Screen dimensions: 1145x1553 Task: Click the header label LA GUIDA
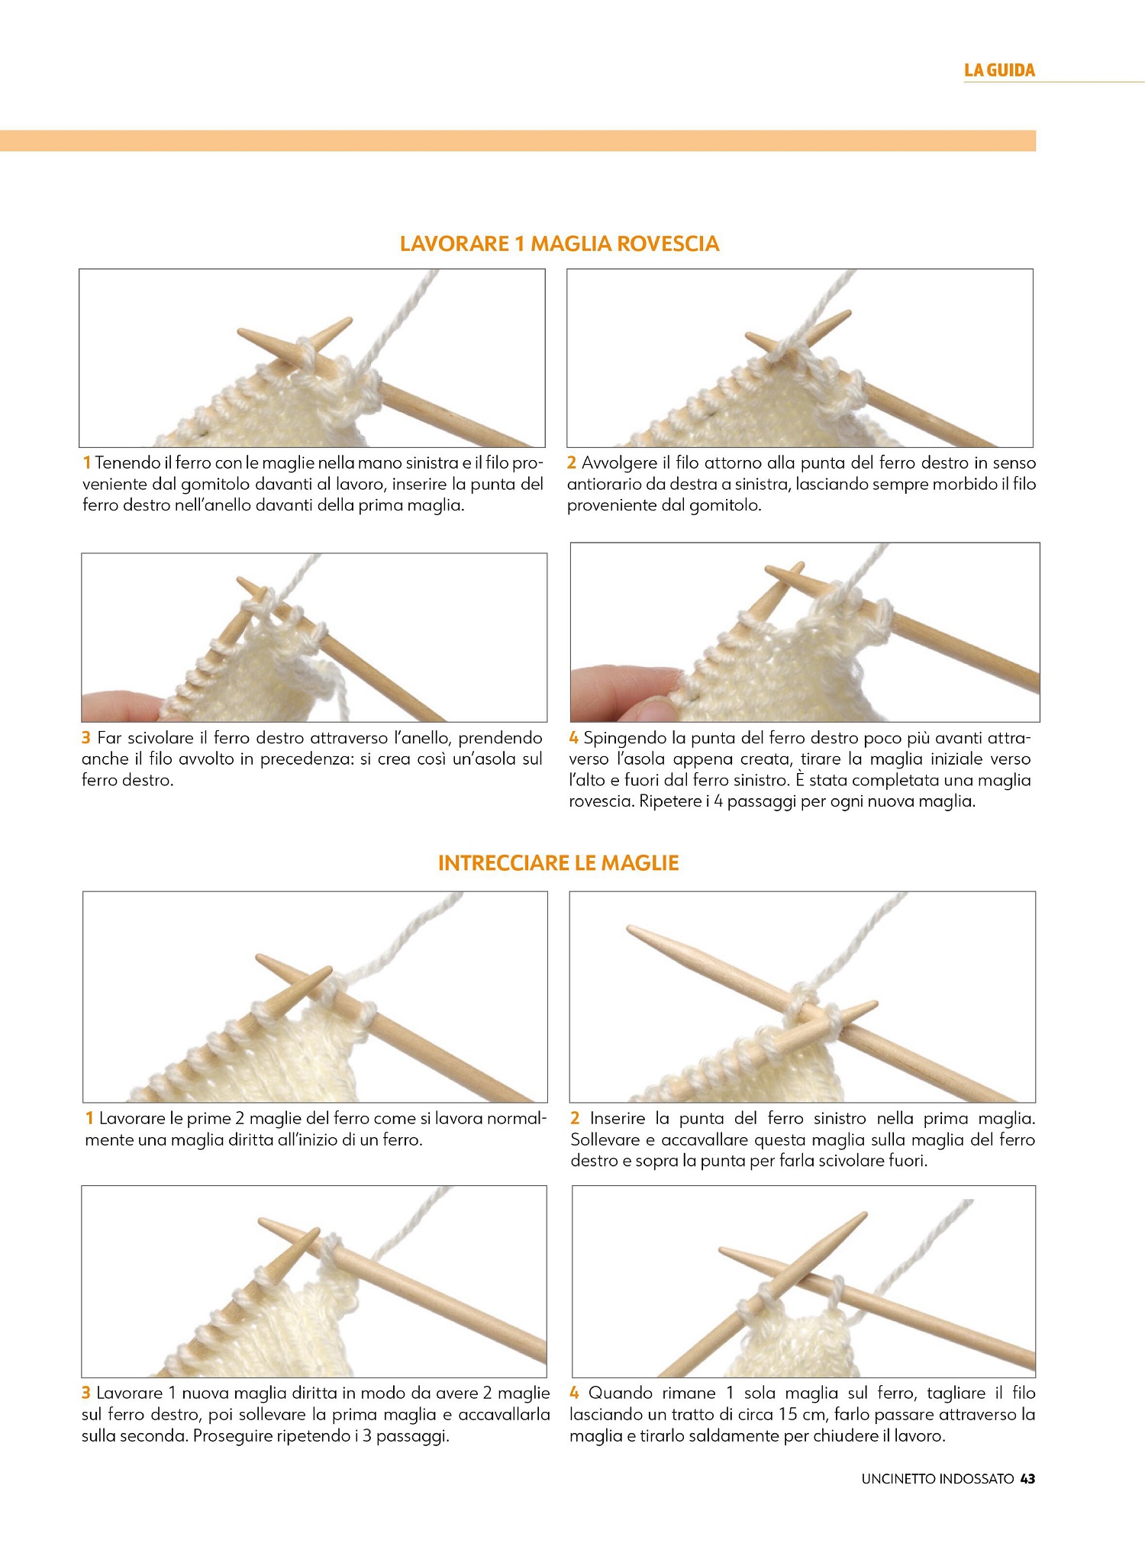999,70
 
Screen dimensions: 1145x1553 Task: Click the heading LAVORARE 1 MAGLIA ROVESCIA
560,244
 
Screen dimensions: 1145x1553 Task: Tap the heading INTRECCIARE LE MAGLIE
559,863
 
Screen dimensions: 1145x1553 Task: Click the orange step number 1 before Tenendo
87,462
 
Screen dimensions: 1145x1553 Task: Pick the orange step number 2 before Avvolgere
572,462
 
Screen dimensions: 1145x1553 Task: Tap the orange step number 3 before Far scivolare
86,738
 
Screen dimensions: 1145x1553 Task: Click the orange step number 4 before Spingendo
574,738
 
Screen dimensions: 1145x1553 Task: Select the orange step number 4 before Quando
576,1393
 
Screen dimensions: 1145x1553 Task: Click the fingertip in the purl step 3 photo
122,707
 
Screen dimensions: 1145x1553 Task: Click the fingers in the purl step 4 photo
622,691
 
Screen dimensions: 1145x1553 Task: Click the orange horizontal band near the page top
518,141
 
